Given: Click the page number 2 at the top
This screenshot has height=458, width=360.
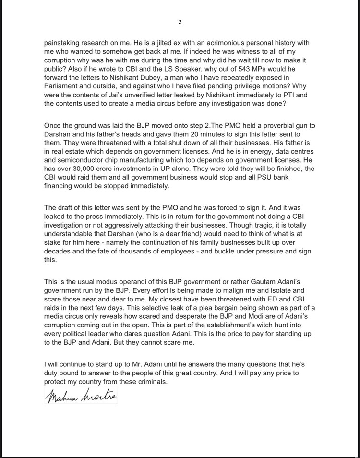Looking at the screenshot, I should (180, 22).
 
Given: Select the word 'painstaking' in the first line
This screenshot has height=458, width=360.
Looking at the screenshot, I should (62, 43).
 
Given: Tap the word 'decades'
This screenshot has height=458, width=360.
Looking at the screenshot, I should (59, 251).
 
